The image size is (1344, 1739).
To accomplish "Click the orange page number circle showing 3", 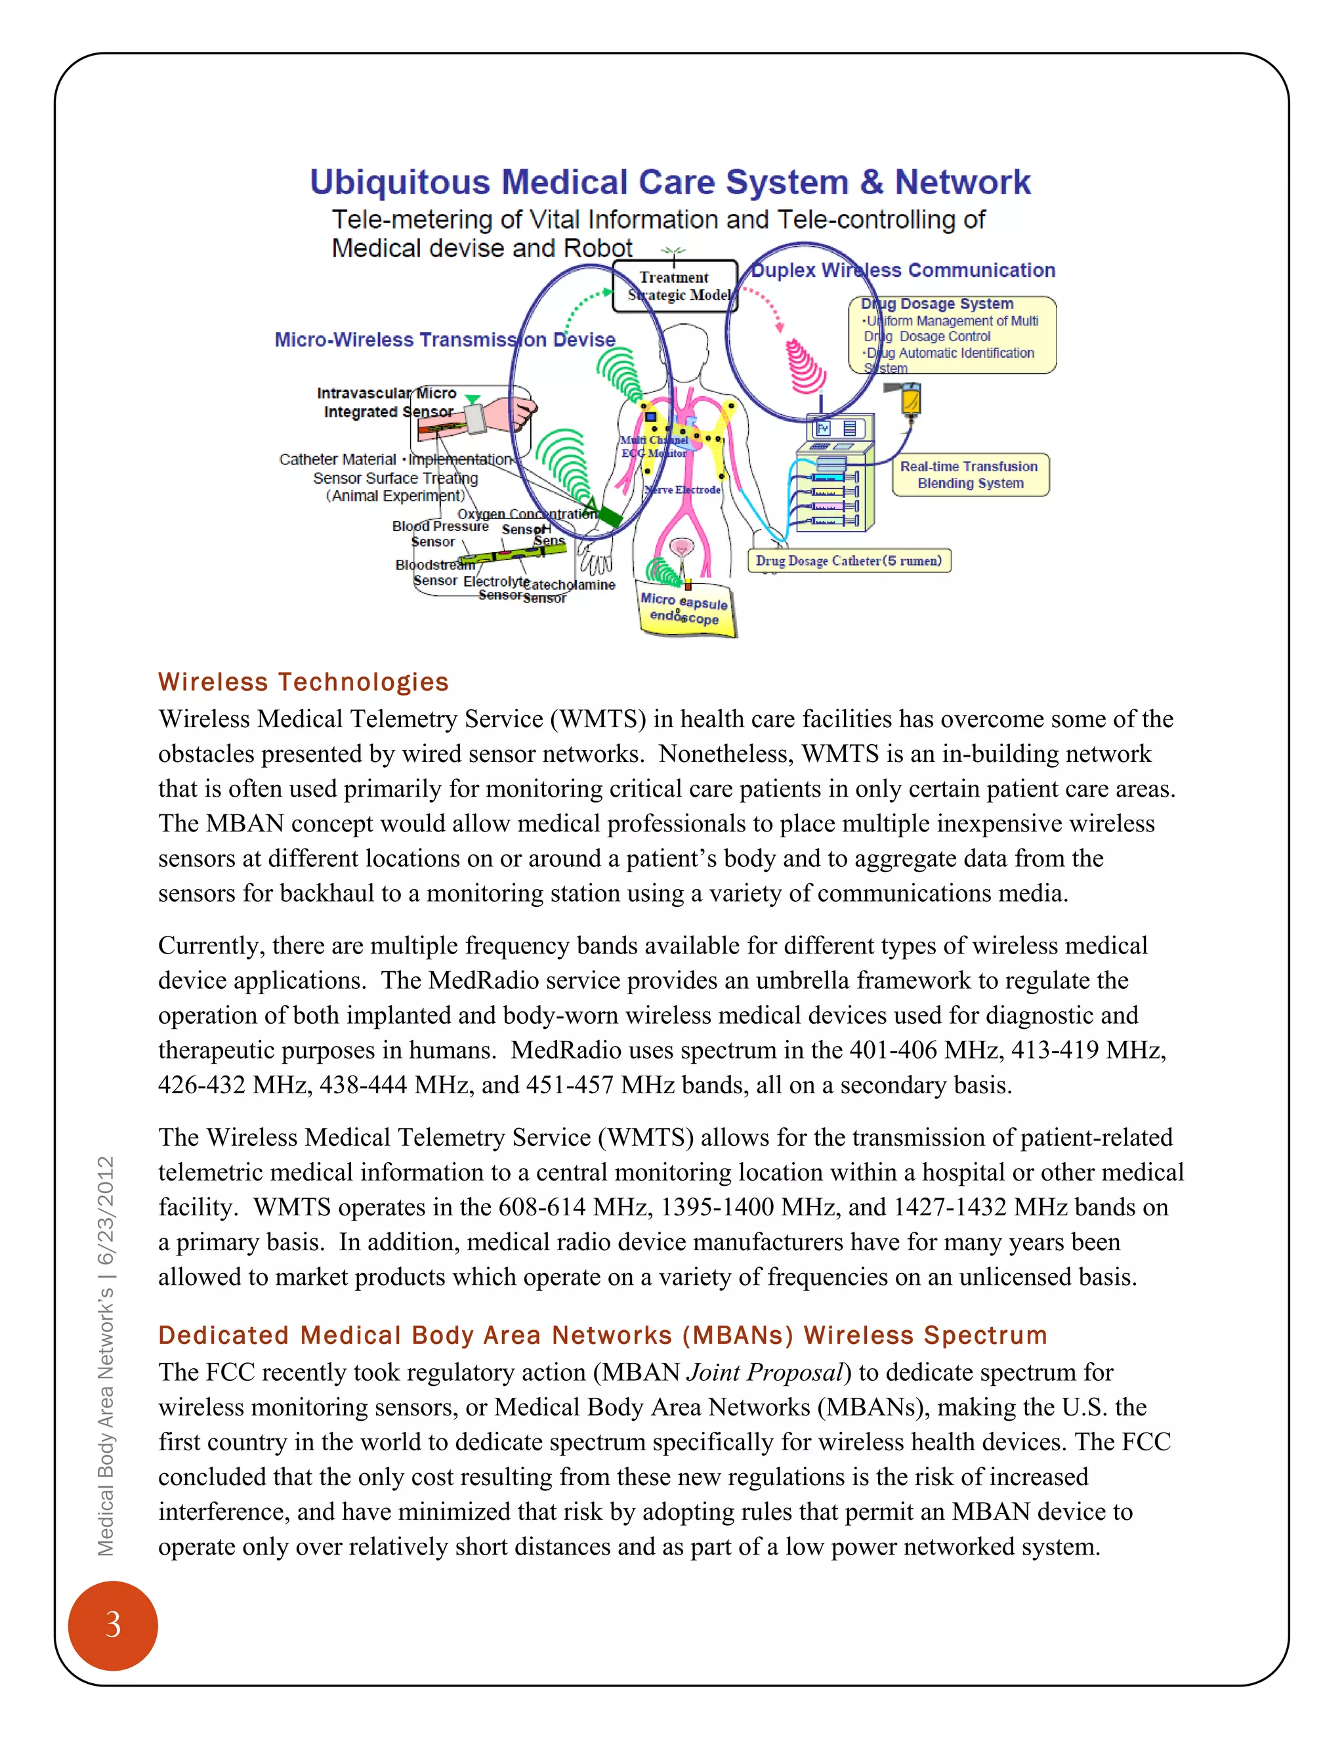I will (112, 1624).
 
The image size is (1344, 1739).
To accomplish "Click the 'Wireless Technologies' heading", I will (303, 682).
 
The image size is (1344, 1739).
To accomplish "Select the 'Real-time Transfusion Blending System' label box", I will (969, 474).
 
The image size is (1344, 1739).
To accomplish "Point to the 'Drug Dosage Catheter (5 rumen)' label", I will (849, 560).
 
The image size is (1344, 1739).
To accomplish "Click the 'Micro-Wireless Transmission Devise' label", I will (444, 339).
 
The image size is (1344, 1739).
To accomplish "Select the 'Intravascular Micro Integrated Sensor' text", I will (387, 402).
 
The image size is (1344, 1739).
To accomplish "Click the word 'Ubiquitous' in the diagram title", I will (399, 182).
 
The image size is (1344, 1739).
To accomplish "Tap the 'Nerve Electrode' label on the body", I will (682, 490).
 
